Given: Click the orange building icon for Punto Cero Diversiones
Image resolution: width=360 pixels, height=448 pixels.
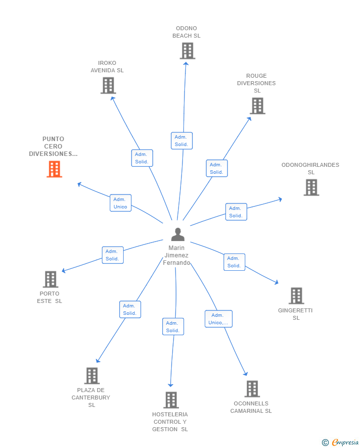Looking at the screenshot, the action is pos(54,169).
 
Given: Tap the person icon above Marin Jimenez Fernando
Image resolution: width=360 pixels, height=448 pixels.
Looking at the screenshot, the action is pos(178,234).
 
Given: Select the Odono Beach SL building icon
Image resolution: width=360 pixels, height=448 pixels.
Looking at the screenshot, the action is pos(187,51).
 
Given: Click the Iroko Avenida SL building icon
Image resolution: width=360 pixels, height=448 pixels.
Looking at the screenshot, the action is pos(108,86).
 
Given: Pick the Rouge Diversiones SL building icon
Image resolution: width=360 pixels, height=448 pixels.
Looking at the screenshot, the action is pos(258,106).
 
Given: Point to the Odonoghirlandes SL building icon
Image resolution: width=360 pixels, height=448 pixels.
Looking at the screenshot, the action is pos(312,188).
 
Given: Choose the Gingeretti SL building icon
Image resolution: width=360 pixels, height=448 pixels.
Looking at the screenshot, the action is pos(296,296).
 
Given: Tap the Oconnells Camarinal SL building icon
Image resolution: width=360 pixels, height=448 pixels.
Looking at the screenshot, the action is pos(252,389).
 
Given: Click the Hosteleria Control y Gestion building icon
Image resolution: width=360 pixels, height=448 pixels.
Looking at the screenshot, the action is pos(171,400).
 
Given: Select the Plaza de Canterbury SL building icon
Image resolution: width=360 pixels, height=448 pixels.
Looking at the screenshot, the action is pos(92,376).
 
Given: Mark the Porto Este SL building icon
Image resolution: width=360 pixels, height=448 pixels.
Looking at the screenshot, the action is pos(50,279).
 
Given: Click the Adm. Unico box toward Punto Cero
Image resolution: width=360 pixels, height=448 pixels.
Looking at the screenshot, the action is pos(121,203).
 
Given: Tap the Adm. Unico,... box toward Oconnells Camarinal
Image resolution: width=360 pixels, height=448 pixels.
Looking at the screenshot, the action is pos(219,319).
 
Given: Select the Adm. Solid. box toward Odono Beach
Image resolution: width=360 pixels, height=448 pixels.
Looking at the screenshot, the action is pos(182,141).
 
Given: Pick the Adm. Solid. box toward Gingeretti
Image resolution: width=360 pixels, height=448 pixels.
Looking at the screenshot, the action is pos(234,262).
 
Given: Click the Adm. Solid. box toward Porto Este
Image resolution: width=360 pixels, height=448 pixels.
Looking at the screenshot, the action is pos(113,255).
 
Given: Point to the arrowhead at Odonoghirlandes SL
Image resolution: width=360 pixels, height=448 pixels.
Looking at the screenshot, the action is pos(280,199).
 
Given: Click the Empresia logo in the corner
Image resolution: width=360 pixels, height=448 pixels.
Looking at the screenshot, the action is pos(341,442).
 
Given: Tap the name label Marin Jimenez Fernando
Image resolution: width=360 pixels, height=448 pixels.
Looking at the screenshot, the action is pos(177,255).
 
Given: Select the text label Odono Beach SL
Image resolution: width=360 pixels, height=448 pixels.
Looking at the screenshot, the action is pos(186,32).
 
